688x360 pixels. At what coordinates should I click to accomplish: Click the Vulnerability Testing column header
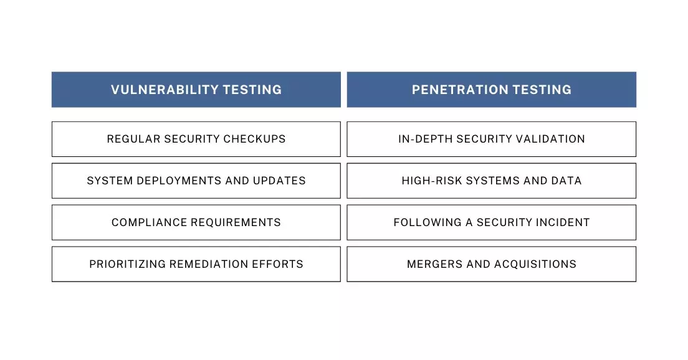196,90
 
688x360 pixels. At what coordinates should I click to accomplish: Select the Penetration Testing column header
492,90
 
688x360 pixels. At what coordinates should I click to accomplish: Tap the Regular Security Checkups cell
196,139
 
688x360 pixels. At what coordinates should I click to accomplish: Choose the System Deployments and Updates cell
196,181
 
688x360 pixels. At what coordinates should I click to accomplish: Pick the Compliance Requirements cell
196,222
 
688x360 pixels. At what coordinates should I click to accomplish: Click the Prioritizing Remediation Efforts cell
196,264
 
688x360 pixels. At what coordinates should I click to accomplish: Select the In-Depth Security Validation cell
492,139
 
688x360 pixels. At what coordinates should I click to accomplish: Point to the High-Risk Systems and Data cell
492,181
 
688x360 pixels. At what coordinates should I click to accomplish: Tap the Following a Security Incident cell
492,222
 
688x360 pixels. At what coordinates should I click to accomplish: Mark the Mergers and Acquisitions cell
492,264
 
